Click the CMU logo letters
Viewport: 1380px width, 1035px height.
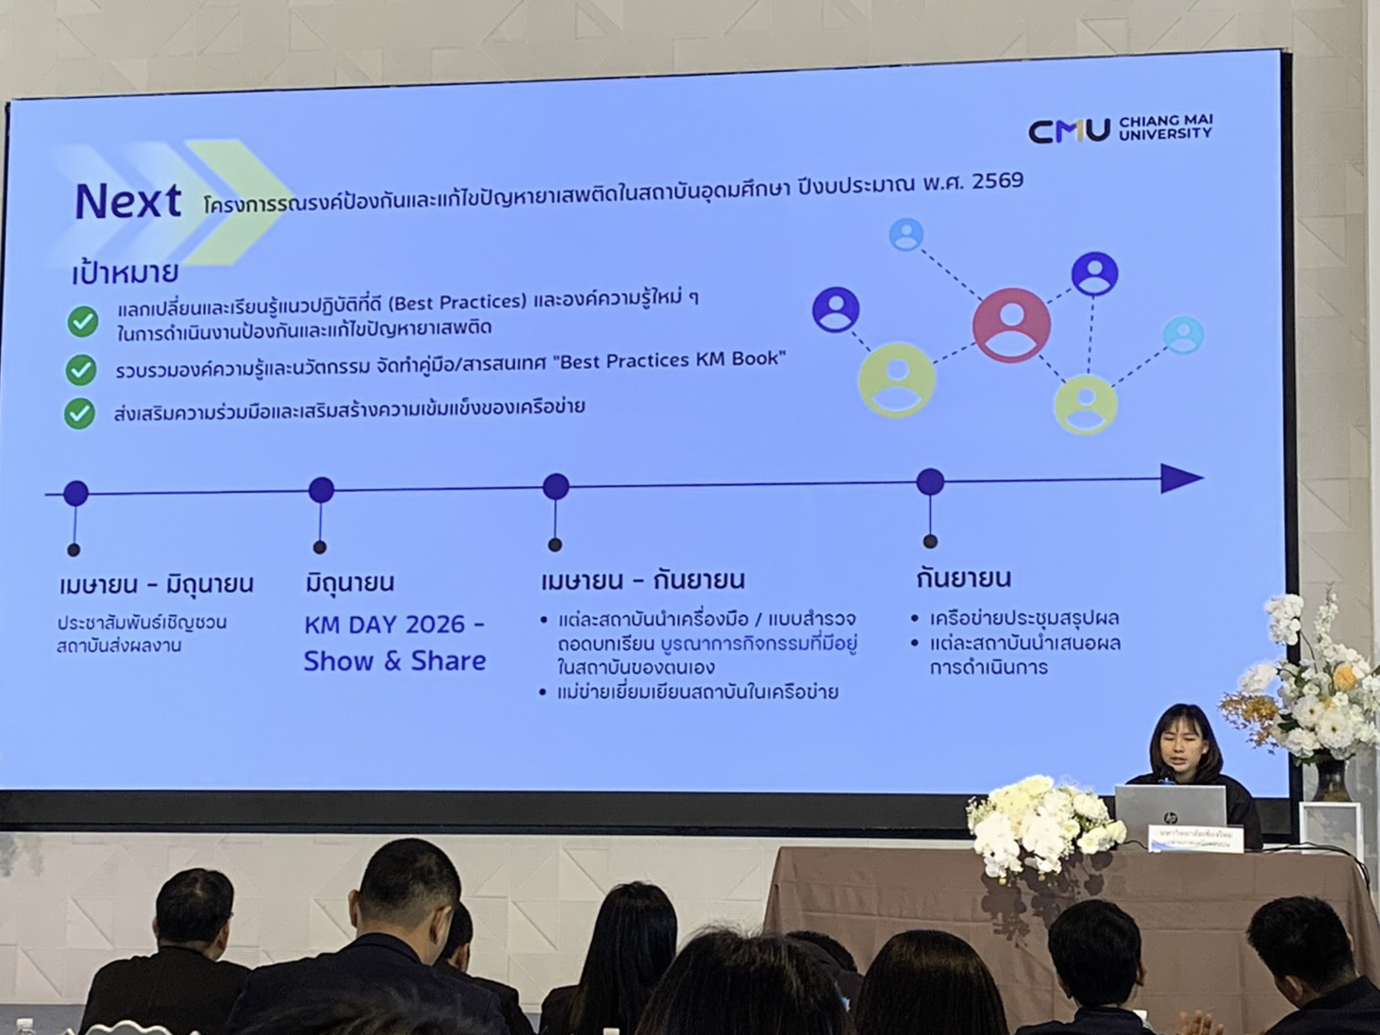tap(1069, 130)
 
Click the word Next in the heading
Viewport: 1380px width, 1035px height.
tap(128, 201)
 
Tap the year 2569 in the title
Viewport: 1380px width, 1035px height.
tap(997, 180)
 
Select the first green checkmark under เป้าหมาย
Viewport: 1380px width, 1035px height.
tap(83, 322)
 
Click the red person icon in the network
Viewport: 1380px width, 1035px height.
tap(1011, 325)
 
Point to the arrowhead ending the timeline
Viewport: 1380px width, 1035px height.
tap(1181, 478)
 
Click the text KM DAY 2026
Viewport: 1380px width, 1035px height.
tap(394, 625)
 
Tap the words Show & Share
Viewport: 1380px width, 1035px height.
tap(394, 660)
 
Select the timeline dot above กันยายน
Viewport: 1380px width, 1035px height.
tap(930, 482)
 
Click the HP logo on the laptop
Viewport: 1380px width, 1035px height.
tap(1170, 816)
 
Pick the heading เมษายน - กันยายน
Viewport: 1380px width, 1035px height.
tap(642, 579)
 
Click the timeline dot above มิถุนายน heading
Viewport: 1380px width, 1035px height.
tap(322, 490)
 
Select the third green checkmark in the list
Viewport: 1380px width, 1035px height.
tap(80, 413)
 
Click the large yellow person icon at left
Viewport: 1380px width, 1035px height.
tap(896, 379)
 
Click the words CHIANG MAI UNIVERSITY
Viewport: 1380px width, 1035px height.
tap(1165, 127)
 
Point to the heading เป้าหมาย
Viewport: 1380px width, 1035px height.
tap(125, 274)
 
